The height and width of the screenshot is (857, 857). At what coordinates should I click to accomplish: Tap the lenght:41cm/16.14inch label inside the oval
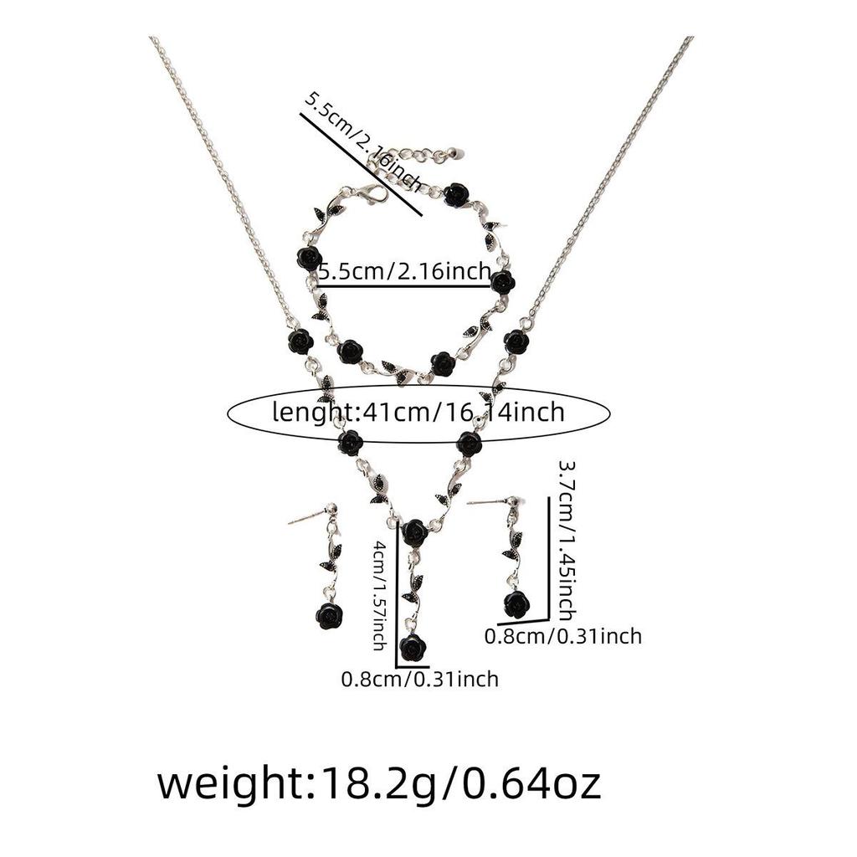pyautogui.click(x=418, y=412)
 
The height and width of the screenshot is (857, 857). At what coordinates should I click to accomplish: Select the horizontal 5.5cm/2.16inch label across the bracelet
pyautogui.click(x=404, y=271)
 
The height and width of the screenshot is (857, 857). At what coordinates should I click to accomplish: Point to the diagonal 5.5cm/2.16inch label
pyautogui.click(x=363, y=142)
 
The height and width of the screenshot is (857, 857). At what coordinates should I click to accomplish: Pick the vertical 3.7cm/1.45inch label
pyautogui.click(x=567, y=541)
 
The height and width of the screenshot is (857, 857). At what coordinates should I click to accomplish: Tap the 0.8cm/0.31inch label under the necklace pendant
pyautogui.click(x=420, y=679)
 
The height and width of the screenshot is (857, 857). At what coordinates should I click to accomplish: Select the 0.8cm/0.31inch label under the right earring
pyautogui.click(x=563, y=636)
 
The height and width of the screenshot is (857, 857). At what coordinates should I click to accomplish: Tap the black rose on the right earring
pyautogui.click(x=516, y=603)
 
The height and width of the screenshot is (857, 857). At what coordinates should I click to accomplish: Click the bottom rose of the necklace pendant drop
pyautogui.click(x=413, y=647)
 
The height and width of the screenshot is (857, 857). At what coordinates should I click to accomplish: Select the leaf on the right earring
pyautogui.click(x=513, y=547)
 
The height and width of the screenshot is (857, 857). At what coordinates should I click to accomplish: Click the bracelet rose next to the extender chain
pyautogui.click(x=457, y=195)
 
